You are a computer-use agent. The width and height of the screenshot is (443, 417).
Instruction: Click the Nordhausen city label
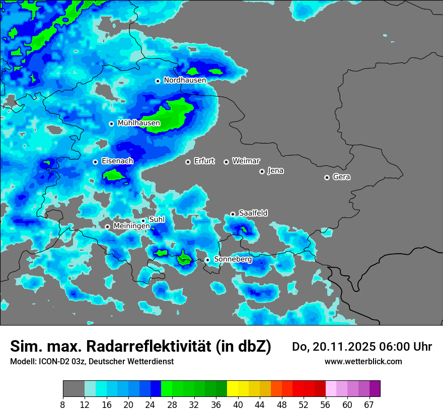(185, 80)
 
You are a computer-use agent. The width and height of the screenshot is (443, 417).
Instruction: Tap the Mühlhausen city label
(138, 123)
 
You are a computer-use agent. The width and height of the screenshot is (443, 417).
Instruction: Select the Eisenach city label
(117, 161)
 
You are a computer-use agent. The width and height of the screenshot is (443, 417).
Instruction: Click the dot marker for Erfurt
(188, 162)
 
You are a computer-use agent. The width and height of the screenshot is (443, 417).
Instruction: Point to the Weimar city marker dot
(226, 162)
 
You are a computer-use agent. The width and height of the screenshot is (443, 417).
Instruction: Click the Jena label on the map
(275, 171)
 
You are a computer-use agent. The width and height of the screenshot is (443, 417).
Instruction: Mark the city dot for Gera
(327, 177)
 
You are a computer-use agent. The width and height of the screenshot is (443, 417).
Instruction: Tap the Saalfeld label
(253, 214)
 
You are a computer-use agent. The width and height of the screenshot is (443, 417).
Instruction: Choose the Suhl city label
(157, 220)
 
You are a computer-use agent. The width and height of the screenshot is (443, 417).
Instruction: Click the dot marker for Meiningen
(107, 227)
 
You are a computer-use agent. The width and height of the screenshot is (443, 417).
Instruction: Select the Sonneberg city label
(233, 259)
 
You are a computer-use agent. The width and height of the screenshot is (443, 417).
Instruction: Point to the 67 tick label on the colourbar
(369, 405)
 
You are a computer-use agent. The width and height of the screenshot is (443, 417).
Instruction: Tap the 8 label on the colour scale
(63, 405)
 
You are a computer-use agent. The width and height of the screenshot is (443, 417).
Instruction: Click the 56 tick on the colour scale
(326, 405)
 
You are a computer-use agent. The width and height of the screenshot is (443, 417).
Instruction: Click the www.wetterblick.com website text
(363, 362)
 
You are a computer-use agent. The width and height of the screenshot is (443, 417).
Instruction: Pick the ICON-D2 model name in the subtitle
(54, 362)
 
